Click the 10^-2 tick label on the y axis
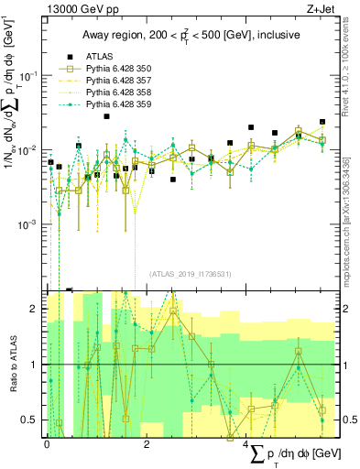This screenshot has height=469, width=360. (32, 149)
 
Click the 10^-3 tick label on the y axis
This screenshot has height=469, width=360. (32, 224)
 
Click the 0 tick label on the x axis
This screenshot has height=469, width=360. (47, 443)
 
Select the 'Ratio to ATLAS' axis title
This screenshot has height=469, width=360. (13, 365)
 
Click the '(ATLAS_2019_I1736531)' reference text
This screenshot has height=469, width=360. (189, 274)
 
